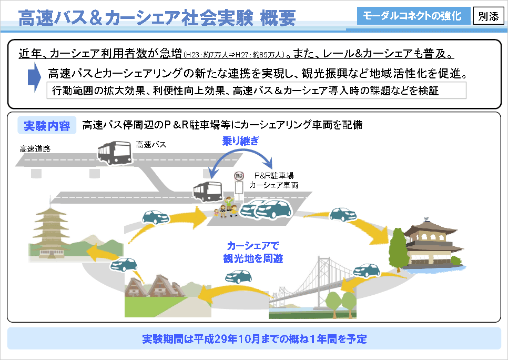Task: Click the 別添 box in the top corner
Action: pos(488,16)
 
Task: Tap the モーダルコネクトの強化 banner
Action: pos(412,16)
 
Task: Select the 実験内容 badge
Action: pos(46,126)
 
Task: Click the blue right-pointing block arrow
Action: pos(34,76)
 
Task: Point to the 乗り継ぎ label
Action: pos(240,141)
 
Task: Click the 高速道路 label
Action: pos(35,149)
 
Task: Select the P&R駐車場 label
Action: pos(273,176)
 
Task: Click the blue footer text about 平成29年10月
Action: pos(254,338)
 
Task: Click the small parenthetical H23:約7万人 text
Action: pos(235,54)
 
